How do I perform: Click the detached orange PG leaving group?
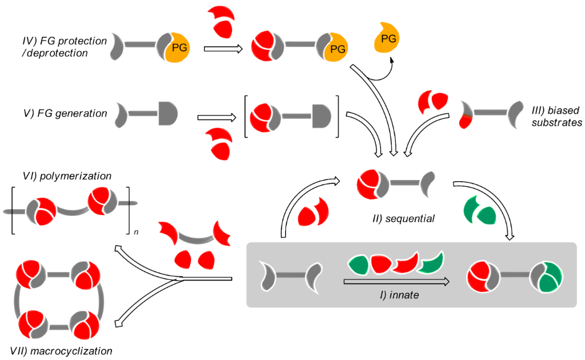[x=387, y=39]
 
